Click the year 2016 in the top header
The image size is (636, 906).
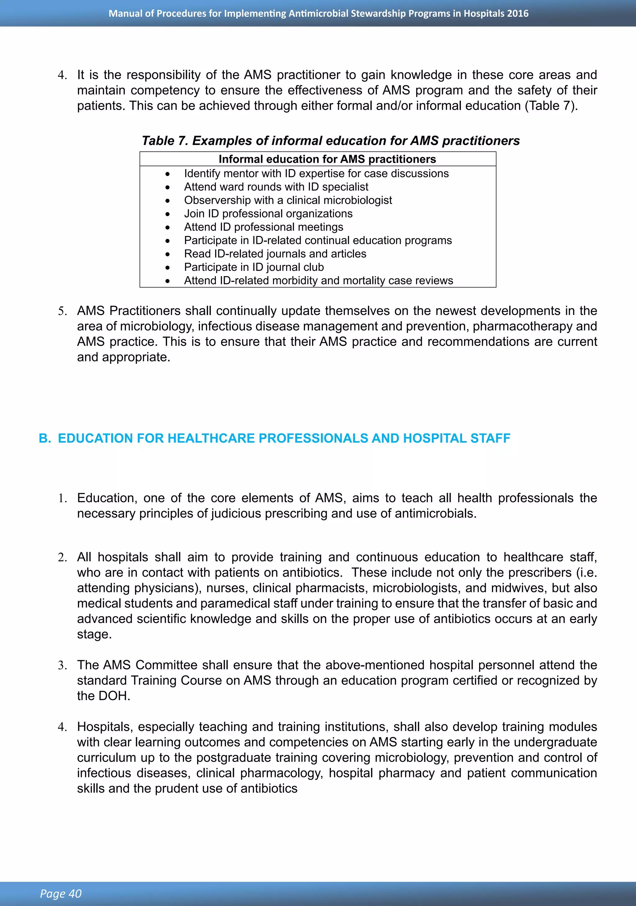point(518,13)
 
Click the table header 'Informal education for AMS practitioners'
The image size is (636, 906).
point(327,159)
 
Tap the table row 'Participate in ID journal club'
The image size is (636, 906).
point(254,267)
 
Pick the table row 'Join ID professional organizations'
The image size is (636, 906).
point(268,213)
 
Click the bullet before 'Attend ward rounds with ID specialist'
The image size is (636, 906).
point(168,187)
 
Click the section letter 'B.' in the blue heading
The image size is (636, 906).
point(45,438)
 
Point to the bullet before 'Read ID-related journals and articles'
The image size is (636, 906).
point(168,254)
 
